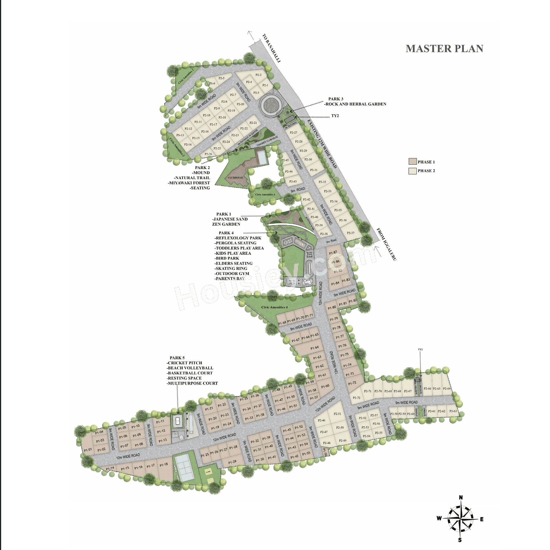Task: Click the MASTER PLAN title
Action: tap(444, 49)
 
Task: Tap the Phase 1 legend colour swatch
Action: tap(412, 162)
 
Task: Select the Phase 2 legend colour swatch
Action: tap(412, 171)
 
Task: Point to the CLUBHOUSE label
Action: tap(235, 178)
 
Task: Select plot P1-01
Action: tap(88, 450)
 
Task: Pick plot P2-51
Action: tap(337, 414)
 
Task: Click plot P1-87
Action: tap(333, 253)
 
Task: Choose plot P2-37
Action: tap(351, 233)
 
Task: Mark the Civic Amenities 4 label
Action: tap(274, 307)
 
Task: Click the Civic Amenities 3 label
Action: tap(265, 195)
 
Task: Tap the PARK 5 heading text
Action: tap(177, 358)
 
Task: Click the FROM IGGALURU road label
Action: tap(386, 244)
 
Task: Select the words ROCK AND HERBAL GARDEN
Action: tap(356, 104)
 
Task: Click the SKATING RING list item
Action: tap(231, 268)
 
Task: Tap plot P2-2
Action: tap(258, 75)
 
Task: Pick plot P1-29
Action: tap(232, 462)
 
